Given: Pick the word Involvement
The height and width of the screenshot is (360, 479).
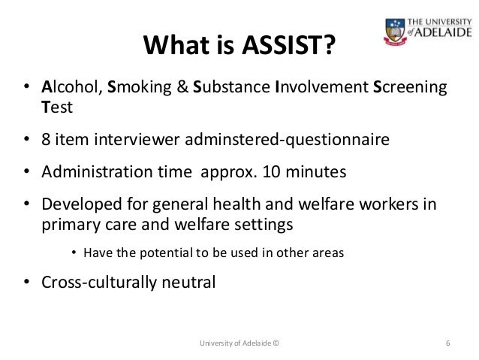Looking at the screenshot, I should [x=322, y=89].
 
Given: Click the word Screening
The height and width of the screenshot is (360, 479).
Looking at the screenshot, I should [x=410, y=89].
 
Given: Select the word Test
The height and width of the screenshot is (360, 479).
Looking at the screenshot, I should [x=57, y=108].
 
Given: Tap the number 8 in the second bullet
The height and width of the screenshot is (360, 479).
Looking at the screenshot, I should [x=46, y=140].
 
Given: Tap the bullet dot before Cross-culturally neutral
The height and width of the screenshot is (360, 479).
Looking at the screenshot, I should [x=26, y=283].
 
